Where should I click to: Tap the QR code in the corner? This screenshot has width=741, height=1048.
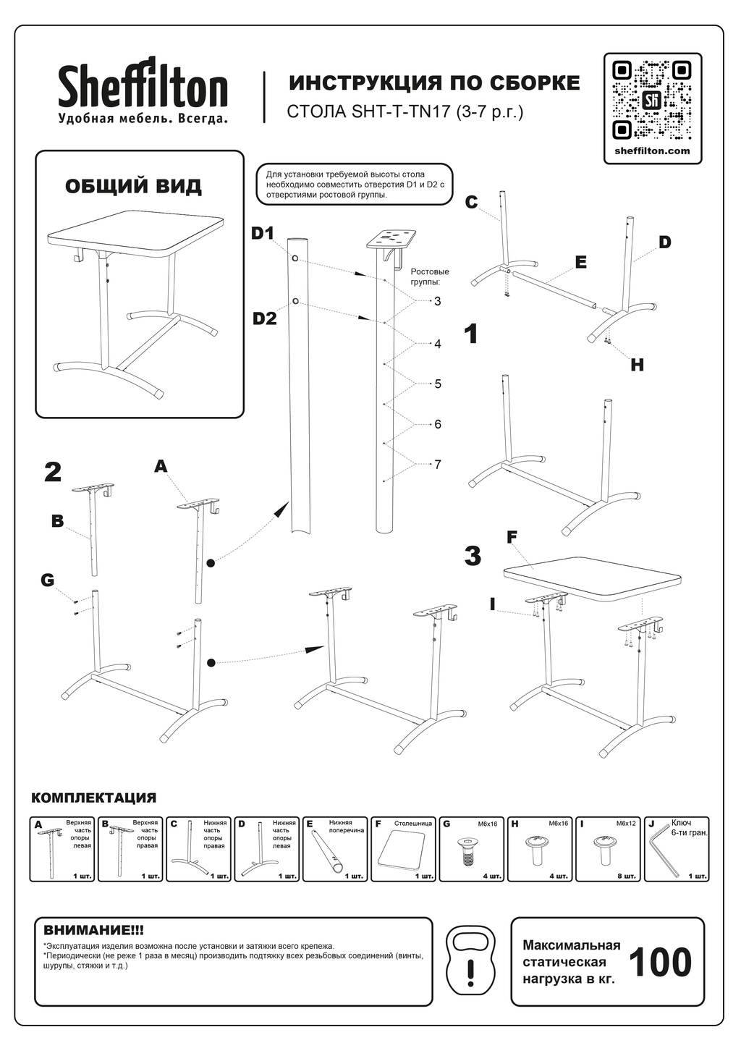coord(651,100)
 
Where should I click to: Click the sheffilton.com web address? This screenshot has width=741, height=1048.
coord(651,151)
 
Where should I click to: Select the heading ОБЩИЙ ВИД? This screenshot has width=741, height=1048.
coord(133,186)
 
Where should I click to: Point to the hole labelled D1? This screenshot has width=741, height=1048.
coord(295,258)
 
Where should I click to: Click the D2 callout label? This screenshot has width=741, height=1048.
coord(265,318)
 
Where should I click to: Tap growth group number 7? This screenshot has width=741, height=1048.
coord(438,465)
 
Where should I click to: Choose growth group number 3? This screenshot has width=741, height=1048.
coord(438,301)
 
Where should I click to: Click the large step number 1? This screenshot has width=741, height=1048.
coord(471,334)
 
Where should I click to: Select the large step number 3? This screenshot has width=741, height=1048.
coord(473,557)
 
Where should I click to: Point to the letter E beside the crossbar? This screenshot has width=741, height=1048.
coord(580,262)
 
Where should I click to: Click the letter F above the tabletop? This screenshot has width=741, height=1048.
coord(512,537)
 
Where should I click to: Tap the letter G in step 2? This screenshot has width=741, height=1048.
coord(48,580)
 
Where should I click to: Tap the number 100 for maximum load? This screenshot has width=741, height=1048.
coord(659,963)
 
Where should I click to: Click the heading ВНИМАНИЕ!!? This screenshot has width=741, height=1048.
coord(94,929)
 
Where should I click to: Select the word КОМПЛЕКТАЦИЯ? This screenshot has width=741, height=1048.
coord(93,798)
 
